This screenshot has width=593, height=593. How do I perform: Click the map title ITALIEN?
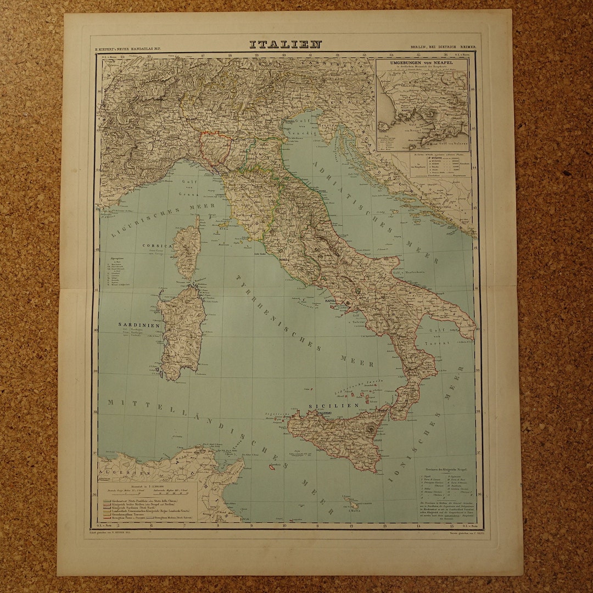pos(285,44)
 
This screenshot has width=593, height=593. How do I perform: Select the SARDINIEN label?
pos(139,325)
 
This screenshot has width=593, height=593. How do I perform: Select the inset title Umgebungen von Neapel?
pos(422,64)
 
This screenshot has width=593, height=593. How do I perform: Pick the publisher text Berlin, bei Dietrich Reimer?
pos(443,48)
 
